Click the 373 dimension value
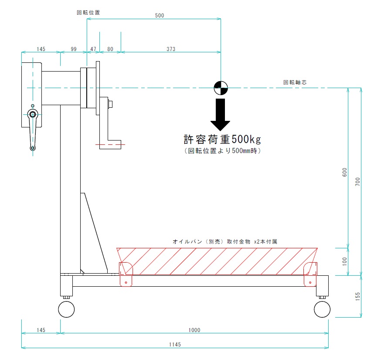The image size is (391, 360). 171,49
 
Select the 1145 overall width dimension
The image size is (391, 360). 175,345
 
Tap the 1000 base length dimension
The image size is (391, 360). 194,330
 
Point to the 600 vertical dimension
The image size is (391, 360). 345,172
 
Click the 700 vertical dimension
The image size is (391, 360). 358,182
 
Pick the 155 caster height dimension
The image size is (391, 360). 358,296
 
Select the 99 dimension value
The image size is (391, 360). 74,49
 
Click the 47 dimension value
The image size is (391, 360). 93,49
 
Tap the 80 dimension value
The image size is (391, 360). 110,49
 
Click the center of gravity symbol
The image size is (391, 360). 221,88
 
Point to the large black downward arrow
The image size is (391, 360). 221,115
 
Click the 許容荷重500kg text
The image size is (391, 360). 222,139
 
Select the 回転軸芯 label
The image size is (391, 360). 295,82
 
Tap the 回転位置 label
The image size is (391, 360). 88,13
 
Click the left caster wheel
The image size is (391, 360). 66,309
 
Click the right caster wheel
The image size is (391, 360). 322,309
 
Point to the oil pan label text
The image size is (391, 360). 225,241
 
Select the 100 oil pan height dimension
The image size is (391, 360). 345,261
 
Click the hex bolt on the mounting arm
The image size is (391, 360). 110,104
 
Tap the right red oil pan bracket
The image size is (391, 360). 310,274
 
